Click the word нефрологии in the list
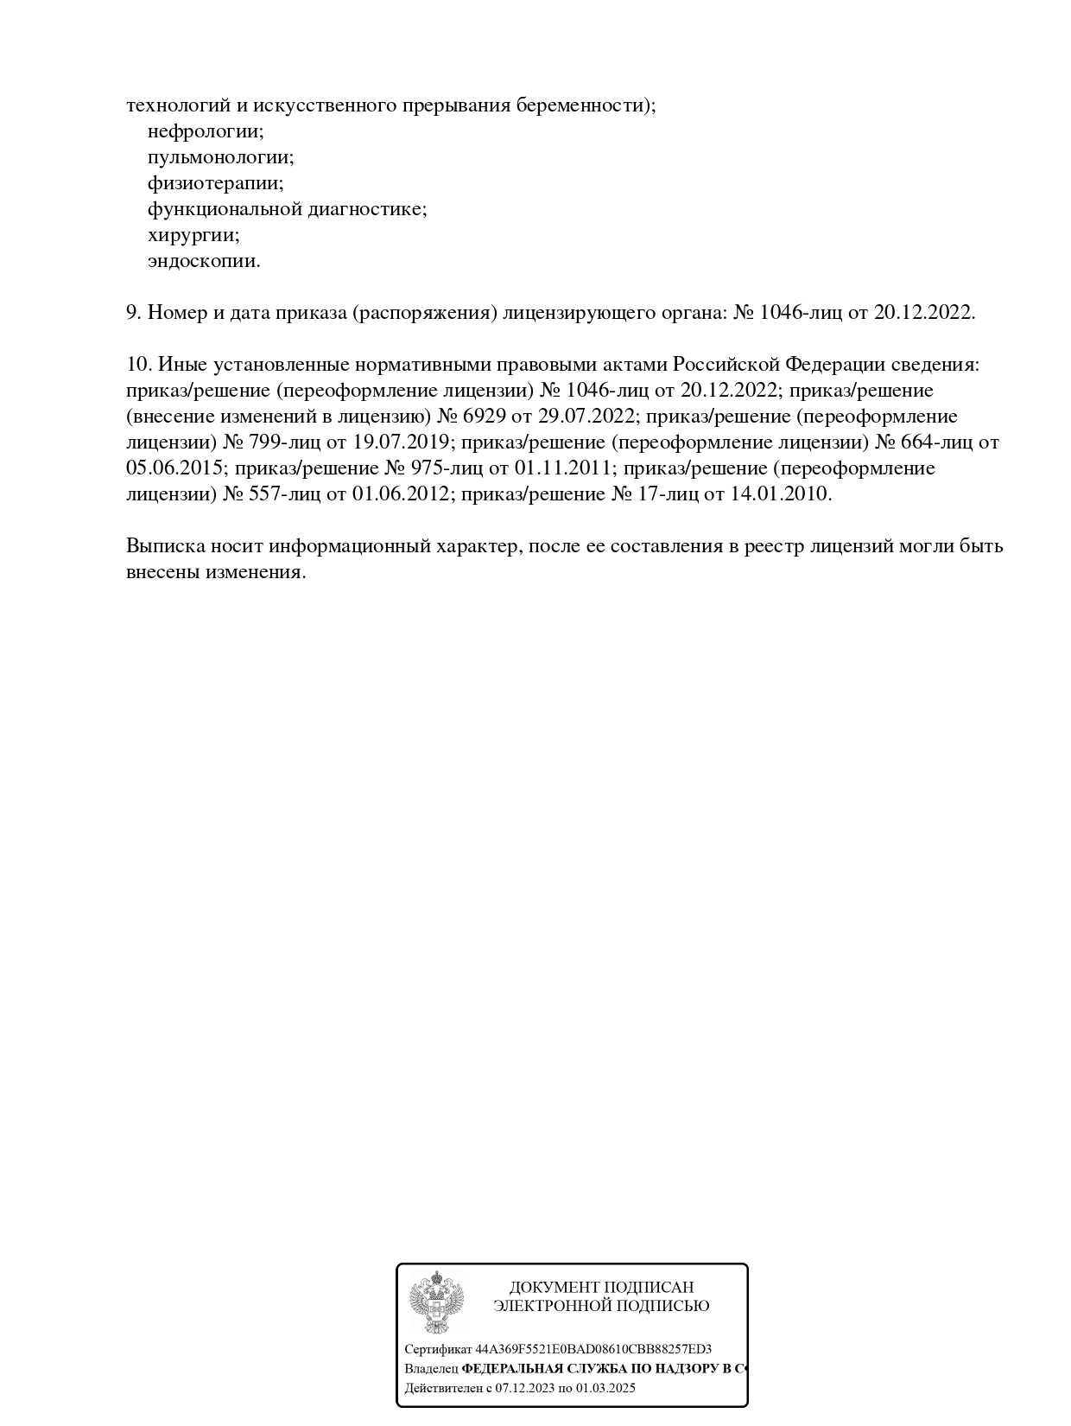(206, 131)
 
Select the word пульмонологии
(221, 157)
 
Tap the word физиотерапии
(216, 183)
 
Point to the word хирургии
(193, 235)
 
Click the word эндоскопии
(204, 261)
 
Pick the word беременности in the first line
(586, 105)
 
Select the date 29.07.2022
(586, 417)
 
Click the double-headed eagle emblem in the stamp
(435, 1302)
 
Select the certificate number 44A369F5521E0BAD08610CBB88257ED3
(593, 1349)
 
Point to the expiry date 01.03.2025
(605, 1388)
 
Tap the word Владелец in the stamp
(431, 1369)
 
